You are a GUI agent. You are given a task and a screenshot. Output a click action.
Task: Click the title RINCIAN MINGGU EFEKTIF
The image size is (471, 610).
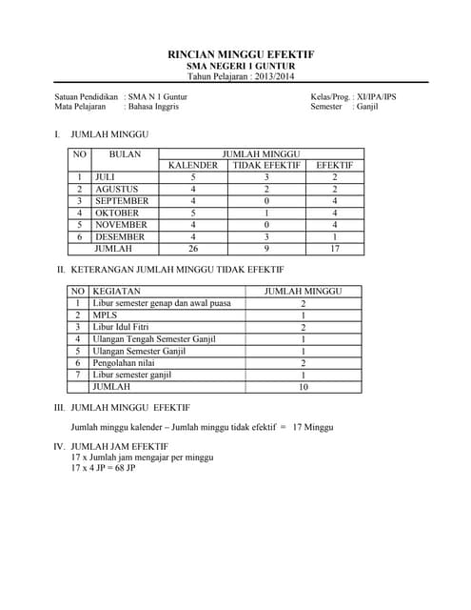[x=241, y=54]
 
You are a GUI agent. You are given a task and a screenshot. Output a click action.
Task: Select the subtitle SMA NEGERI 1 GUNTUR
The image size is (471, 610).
[x=241, y=66]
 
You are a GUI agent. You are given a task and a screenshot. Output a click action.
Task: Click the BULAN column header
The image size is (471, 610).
[x=125, y=153]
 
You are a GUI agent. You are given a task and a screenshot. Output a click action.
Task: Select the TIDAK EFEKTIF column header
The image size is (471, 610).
[x=266, y=165]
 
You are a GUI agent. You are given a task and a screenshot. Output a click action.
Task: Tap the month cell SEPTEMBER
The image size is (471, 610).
[x=122, y=201]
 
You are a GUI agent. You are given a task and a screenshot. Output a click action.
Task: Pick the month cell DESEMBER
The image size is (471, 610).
[x=120, y=236]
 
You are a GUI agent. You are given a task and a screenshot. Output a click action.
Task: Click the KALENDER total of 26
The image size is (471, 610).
[x=193, y=248]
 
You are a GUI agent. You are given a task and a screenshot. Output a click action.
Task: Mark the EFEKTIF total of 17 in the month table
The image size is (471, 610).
[x=334, y=248]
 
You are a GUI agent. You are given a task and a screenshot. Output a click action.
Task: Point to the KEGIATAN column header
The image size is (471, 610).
[x=117, y=292]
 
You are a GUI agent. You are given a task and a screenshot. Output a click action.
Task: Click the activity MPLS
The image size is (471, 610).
[x=105, y=315]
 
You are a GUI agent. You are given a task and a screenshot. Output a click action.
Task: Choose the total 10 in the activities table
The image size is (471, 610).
[x=303, y=387]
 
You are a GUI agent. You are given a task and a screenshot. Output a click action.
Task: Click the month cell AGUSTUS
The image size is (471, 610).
[x=115, y=189]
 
